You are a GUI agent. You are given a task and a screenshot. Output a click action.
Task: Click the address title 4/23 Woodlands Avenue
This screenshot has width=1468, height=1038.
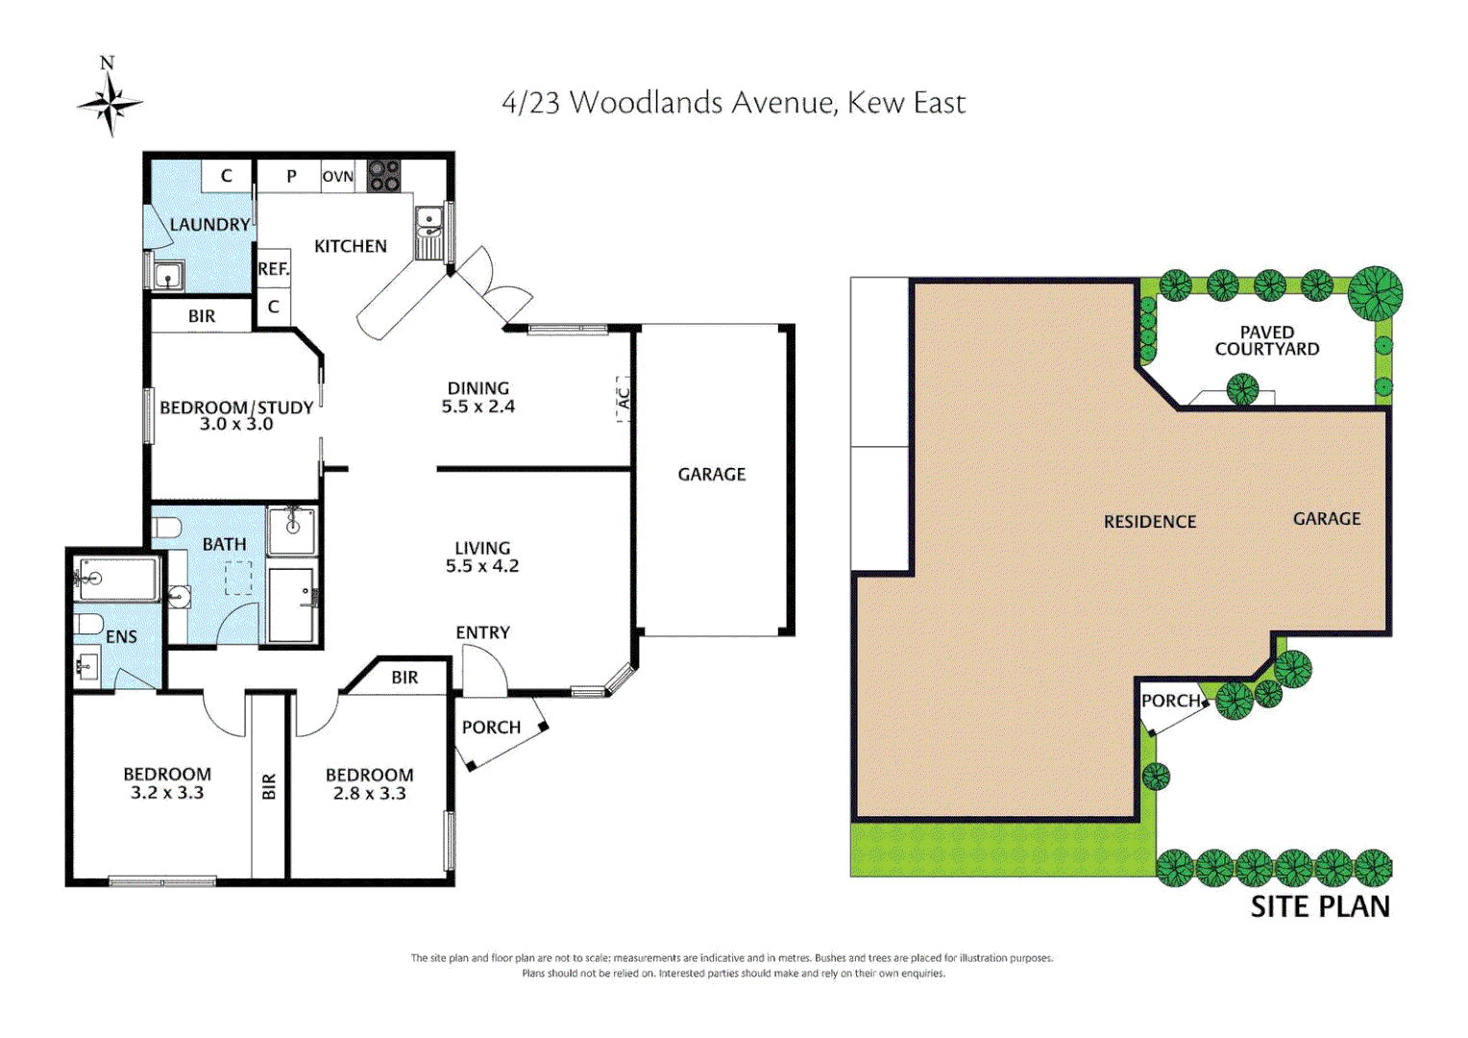[733, 103]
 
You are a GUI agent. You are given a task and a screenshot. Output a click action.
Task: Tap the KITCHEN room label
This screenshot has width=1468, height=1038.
[351, 246]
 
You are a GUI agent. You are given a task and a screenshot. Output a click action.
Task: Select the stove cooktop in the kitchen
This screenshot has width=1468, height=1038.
[383, 175]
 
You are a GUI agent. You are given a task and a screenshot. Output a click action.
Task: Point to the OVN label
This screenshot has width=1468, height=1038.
[337, 177]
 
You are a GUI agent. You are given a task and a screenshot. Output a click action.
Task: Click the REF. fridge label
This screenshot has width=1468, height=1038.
[273, 269]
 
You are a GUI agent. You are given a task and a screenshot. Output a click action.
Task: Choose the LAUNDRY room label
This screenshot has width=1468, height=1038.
[209, 225]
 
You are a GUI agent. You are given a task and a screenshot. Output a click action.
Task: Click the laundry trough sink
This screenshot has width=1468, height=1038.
[168, 276]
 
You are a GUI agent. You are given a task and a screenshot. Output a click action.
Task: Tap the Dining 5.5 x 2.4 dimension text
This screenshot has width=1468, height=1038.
[477, 407]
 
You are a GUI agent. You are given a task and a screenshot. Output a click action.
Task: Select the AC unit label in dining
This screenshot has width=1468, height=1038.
[623, 398]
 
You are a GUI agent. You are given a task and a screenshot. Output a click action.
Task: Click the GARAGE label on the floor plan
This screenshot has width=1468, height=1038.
[711, 474]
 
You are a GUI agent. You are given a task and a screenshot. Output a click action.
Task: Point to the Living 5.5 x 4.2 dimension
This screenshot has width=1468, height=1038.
[481, 566]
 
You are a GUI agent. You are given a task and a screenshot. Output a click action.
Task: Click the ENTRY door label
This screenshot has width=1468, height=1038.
[482, 632]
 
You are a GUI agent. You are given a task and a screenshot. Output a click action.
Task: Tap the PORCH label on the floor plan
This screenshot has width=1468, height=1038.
[491, 728]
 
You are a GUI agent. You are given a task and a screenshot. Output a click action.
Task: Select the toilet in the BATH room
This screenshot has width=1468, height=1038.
[167, 528]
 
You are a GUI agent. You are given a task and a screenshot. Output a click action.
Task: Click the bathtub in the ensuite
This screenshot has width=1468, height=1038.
[115, 579]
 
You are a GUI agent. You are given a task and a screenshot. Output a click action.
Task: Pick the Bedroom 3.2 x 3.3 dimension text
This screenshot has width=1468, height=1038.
[167, 793]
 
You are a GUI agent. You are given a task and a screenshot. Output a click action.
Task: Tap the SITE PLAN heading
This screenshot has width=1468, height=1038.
[1319, 906]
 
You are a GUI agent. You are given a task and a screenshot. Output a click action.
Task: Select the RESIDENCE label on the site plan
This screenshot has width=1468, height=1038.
[1149, 522]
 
